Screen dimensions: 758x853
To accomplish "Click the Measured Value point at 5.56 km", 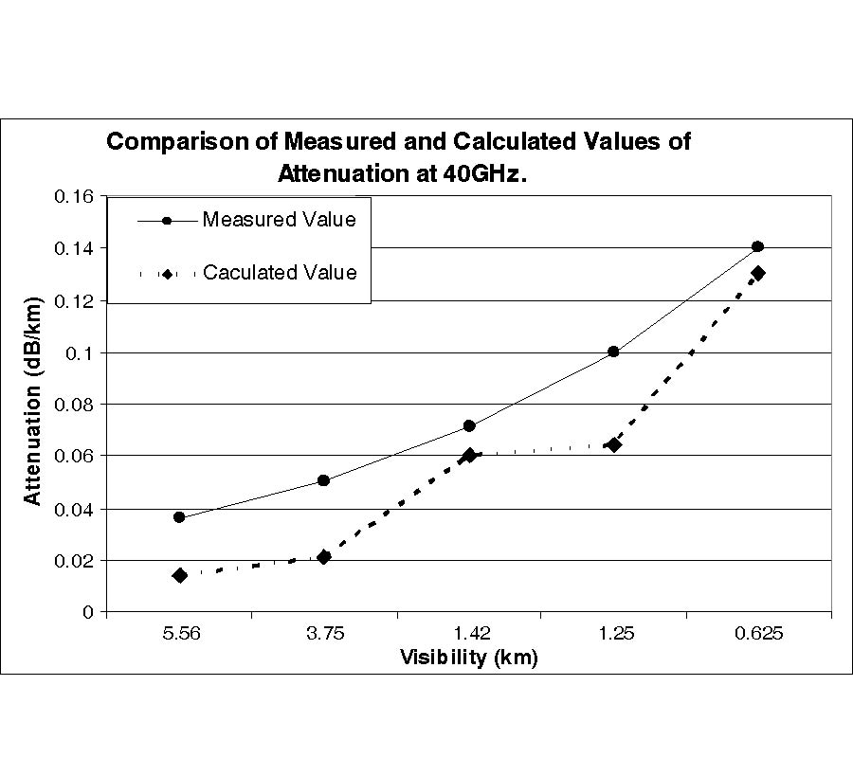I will [x=179, y=517].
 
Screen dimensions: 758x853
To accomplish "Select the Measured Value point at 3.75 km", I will [x=324, y=480].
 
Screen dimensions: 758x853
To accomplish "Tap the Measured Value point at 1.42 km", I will [x=469, y=425].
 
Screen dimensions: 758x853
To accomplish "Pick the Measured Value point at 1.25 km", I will [x=613, y=352].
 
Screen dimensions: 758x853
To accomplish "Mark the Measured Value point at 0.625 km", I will [x=757, y=246].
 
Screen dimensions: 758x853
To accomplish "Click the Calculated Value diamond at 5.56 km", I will [x=179, y=575].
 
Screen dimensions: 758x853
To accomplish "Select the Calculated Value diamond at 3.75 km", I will [x=324, y=557].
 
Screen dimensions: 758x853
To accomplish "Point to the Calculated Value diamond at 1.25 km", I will [x=613, y=444].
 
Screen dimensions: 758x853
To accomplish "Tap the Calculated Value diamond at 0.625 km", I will [x=757, y=273].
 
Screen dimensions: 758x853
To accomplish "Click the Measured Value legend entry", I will [x=279, y=221].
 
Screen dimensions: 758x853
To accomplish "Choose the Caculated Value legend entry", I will [x=280, y=273].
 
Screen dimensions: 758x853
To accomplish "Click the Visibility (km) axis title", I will [x=468, y=658].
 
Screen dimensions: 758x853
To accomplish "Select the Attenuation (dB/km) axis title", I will [x=33, y=405].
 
